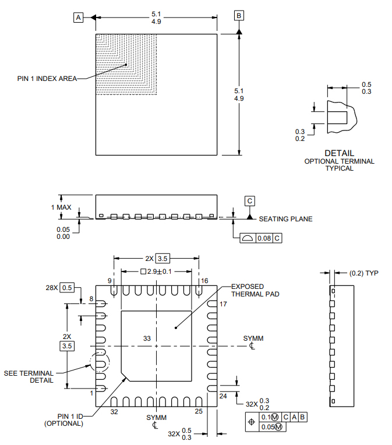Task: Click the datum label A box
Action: (78, 17)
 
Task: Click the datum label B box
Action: (239, 15)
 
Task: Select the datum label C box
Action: (250, 201)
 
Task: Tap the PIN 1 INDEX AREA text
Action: (47, 79)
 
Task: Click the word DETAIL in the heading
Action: (339, 153)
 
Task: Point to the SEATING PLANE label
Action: (285, 219)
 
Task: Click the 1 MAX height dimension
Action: (62, 207)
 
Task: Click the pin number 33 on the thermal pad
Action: (146, 338)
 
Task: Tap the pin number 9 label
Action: (110, 281)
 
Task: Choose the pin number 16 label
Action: (204, 281)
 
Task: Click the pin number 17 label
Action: (223, 305)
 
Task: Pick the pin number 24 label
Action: (223, 396)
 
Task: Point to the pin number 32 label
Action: (114, 411)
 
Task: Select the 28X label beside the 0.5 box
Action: (52, 288)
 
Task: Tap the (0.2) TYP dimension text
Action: (363, 273)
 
